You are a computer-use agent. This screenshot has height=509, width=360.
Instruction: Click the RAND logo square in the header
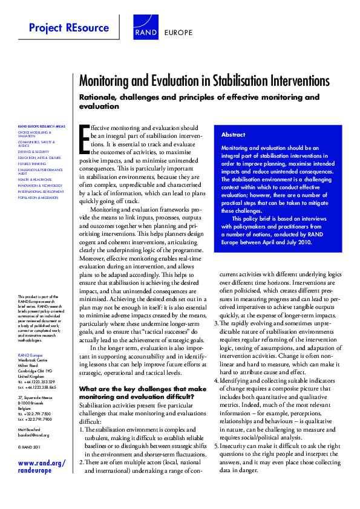pos(146,28)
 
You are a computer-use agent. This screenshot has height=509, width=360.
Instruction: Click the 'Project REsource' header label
pos(69,28)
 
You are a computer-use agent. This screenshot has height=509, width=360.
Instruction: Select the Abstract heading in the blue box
pos(234,135)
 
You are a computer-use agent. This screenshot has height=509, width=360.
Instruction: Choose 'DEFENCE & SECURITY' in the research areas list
pos(34,151)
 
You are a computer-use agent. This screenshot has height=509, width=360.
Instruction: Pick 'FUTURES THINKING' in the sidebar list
pos(31,164)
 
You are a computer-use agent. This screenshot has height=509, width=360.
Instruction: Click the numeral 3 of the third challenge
pos(217,323)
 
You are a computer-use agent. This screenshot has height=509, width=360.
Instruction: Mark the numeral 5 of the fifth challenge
pos(217,445)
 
